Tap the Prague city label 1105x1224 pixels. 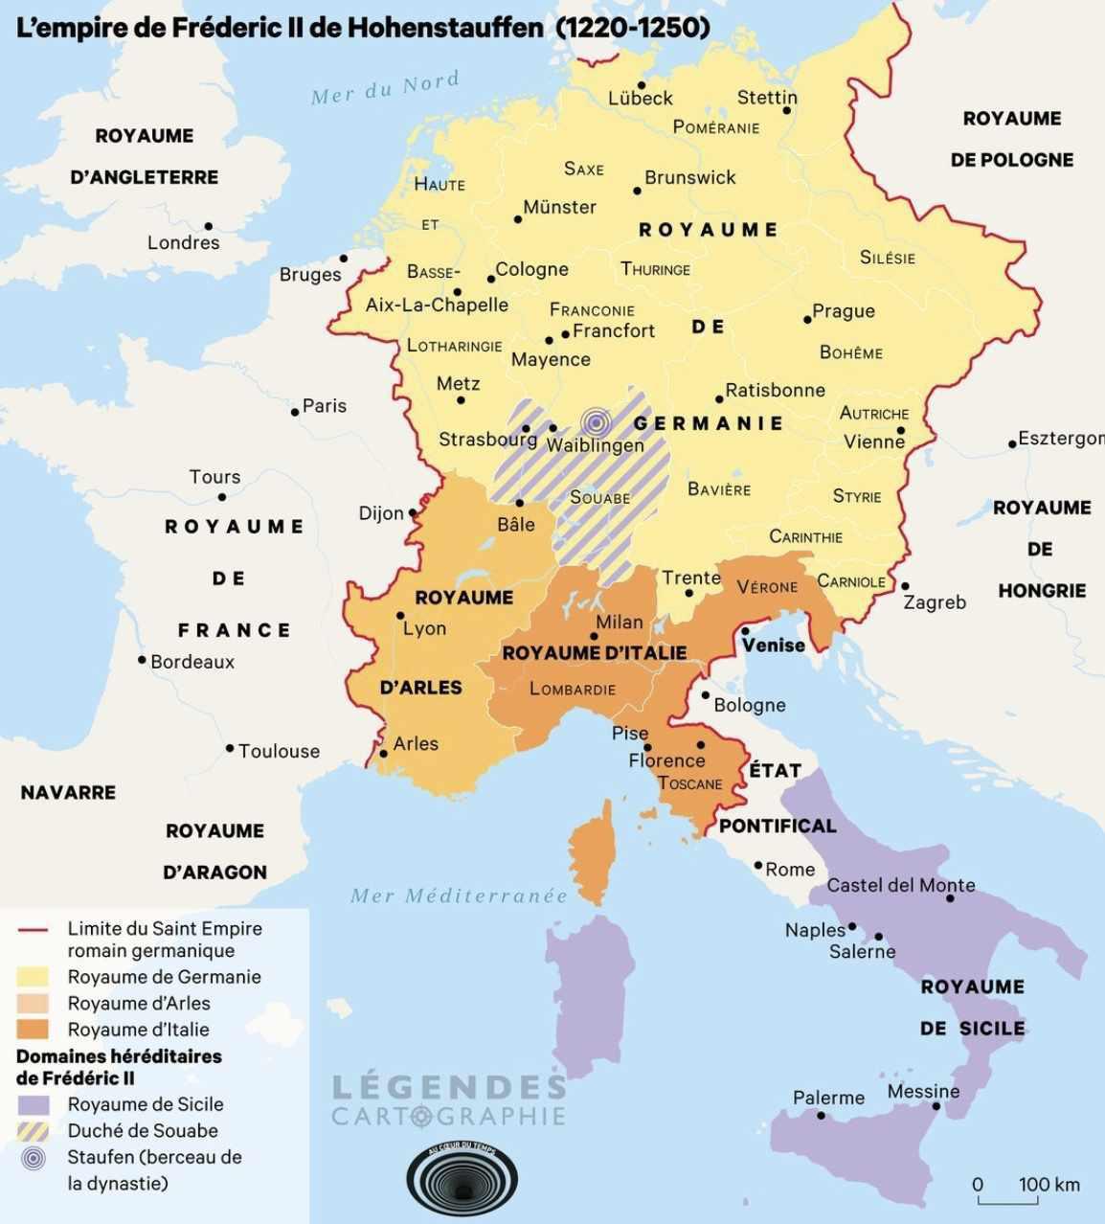click(843, 310)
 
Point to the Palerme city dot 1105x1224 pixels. click(821, 1115)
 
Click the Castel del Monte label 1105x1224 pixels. click(900, 885)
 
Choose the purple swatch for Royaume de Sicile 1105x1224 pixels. click(34, 1104)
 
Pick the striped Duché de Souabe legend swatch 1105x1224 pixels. click(34, 1130)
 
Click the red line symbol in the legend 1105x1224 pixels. click(34, 929)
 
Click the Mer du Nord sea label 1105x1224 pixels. click(385, 88)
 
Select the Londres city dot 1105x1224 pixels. click(208, 227)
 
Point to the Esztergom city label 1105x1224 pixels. click(1060, 439)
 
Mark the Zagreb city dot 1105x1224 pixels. click(905, 586)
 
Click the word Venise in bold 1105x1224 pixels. click(773, 645)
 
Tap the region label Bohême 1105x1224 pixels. click(850, 352)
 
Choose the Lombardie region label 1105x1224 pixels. click(573, 689)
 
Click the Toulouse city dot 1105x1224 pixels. click(230, 748)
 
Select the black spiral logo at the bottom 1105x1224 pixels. click(462, 1179)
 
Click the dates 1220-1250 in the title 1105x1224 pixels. click(633, 27)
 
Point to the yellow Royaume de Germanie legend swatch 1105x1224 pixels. click(34, 977)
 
